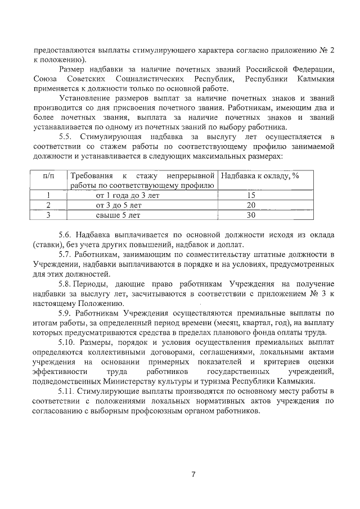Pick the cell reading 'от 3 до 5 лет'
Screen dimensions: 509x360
coord(119,205)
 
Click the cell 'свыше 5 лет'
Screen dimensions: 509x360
coord(119,214)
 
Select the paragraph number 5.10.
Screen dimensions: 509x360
coord(69,342)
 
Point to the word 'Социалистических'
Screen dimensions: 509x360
coord(154,79)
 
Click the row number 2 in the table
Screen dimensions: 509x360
coord(48,205)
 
